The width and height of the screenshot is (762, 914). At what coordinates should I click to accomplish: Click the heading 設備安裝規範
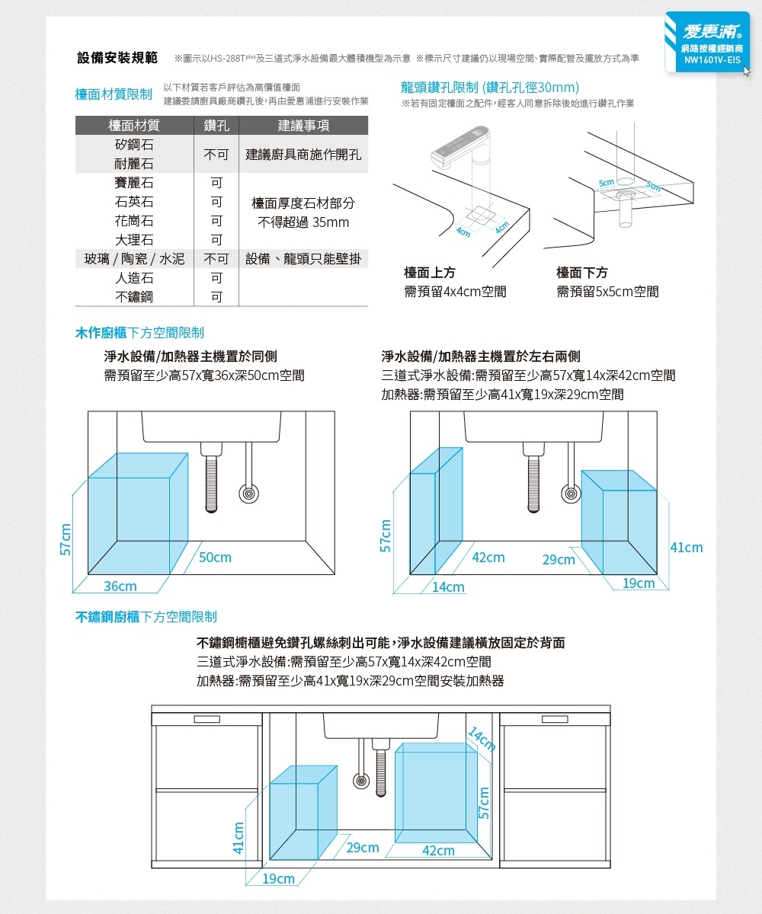tap(117, 58)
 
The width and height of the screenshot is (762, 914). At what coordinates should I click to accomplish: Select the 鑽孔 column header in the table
tap(216, 126)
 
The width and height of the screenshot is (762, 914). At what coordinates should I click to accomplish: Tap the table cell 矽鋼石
tap(134, 145)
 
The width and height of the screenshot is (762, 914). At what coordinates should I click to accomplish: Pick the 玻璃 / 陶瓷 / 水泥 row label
tap(134, 259)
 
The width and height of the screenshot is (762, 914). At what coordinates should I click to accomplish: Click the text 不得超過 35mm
tap(303, 222)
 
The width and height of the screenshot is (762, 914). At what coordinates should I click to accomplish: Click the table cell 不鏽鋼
tap(134, 296)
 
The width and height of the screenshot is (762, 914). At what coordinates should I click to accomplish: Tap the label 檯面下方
tap(582, 273)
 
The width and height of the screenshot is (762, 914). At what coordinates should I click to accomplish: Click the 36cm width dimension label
tap(120, 586)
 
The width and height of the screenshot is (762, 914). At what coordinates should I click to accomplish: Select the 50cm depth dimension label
tap(216, 558)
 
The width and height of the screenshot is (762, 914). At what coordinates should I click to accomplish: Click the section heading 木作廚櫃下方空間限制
tap(139, 333)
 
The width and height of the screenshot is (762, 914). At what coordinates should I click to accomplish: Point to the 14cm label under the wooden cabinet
tap(447, 587)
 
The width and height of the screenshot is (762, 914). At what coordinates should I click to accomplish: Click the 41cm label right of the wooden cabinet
tap(686, 548)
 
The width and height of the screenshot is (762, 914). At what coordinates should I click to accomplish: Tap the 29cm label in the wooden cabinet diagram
tap(559, 560)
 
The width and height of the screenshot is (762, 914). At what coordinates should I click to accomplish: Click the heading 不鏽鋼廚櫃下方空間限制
tap(146, 616)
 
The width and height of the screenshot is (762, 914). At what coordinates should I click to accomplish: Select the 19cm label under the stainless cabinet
tap(278, 879)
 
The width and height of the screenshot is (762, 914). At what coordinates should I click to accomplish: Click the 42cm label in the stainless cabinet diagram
tap(438, 851)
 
